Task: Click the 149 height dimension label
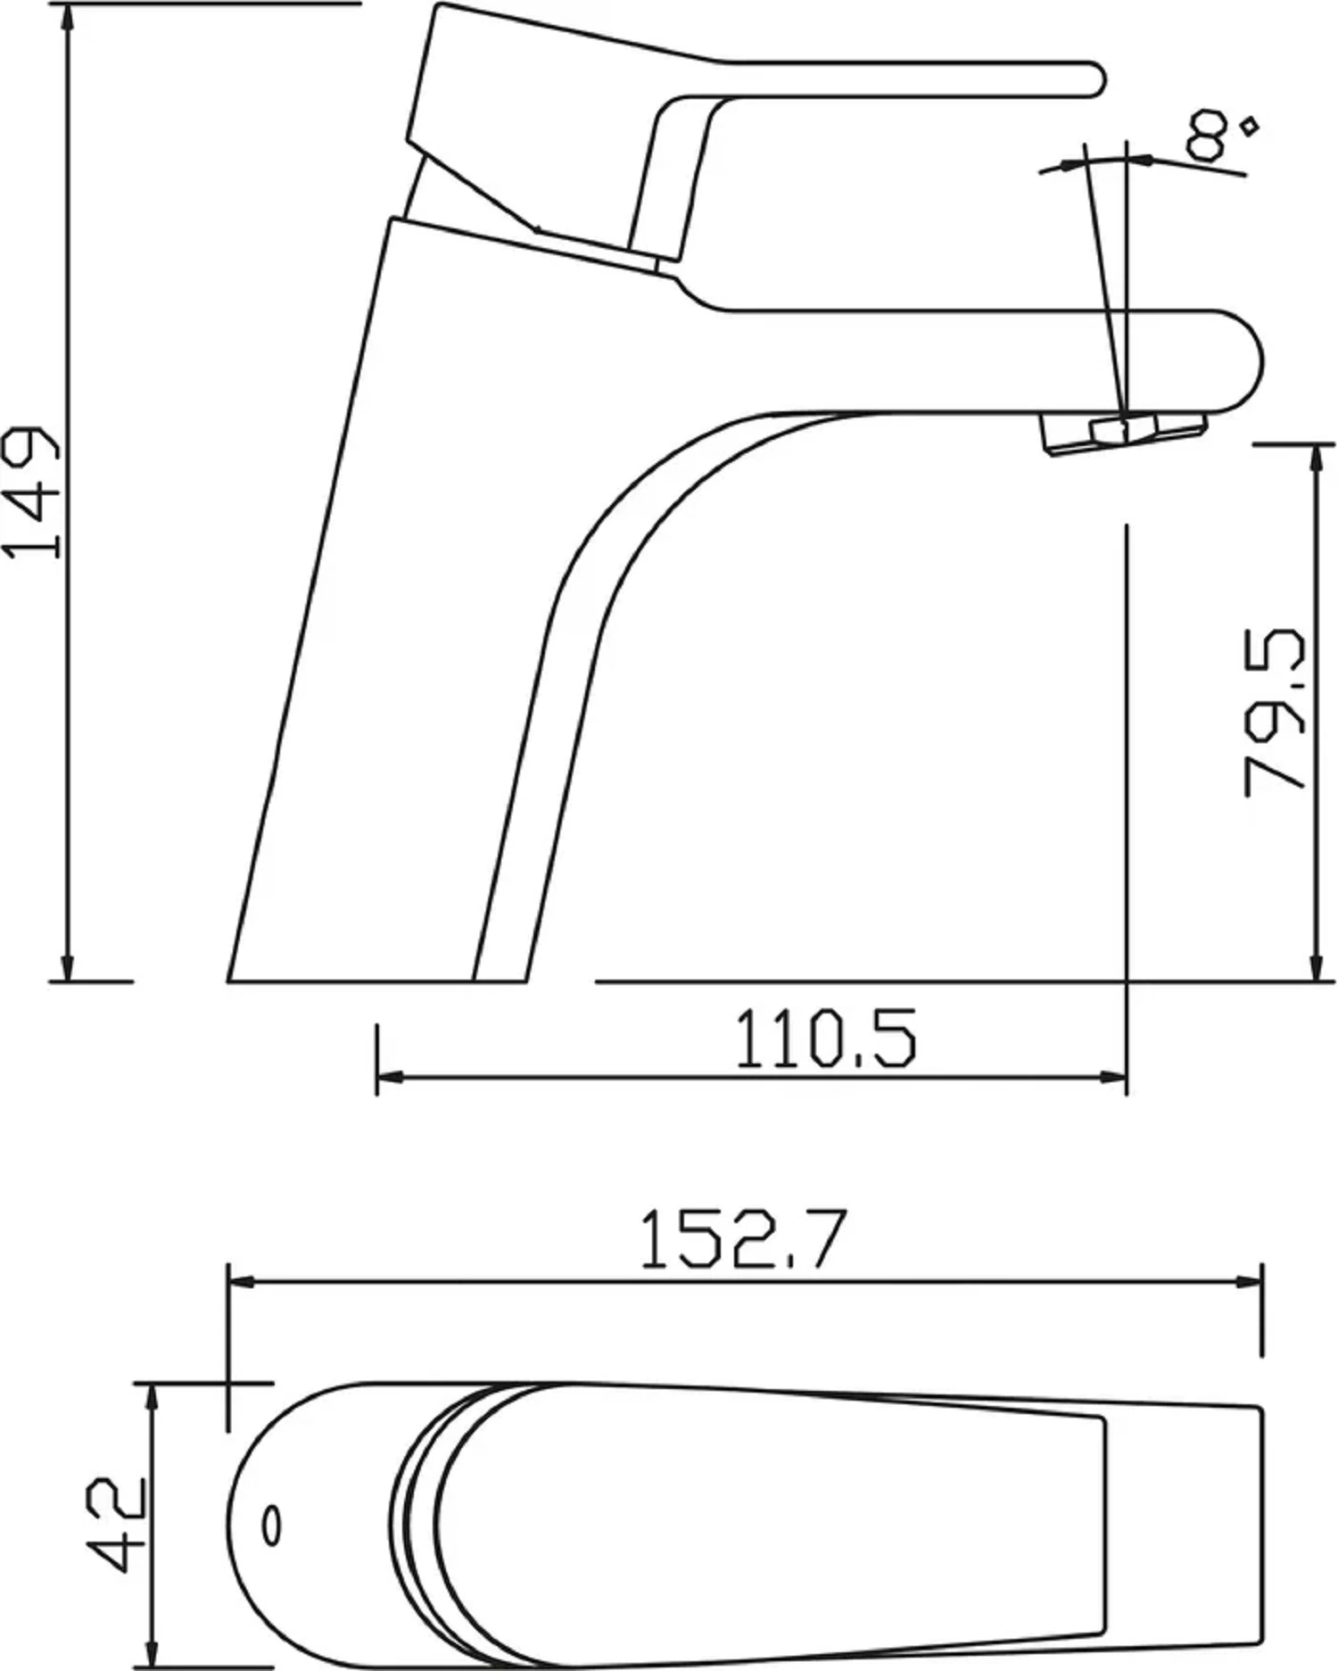pos(33,492)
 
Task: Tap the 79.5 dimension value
pos(1275,711)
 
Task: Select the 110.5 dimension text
pos(825,1038)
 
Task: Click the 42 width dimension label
pos(117,1525)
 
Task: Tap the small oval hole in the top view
pos(272,1526)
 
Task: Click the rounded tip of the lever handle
pos(1094,79)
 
